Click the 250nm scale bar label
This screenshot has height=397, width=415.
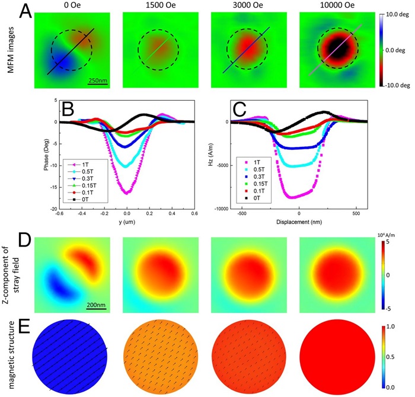[98, 79]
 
